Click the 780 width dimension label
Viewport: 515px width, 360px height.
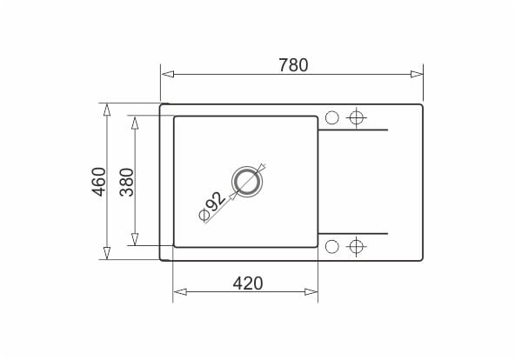(x=293, y=65)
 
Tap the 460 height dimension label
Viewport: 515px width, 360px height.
(x=99, y=182)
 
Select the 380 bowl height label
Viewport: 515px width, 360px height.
(x=127, y=182)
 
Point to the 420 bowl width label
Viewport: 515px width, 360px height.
(x=248, y=283)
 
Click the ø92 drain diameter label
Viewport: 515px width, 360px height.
(x=212, y=206)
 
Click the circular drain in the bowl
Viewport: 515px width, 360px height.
(x=247, y=182)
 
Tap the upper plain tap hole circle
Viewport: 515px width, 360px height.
(x=331, y=117)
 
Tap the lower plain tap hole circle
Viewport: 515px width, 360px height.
(x=331, y=246)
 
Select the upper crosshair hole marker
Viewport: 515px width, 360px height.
(x=357, y=117)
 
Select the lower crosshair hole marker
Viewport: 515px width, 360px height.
(x=357, y=246)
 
